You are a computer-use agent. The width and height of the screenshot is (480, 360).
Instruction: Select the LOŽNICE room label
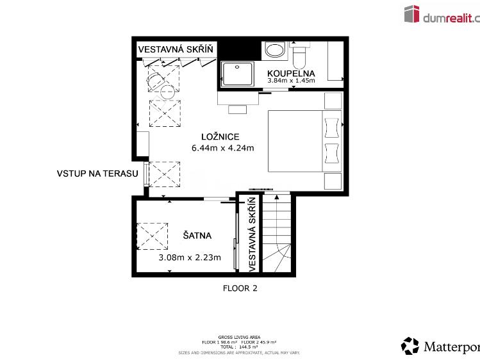click(x=220, y=136)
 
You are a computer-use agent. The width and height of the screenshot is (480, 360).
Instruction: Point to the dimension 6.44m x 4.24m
click(x=222, y=148)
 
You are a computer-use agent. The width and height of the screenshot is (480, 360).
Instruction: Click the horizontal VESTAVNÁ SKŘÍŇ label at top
click(x=176, y=49)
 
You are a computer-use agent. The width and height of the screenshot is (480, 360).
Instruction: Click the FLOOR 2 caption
click(x=240, y=288)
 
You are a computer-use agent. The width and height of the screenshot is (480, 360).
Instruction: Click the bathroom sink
click(x=276, y=50)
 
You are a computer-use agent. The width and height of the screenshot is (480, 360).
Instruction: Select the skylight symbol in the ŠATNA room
click(x=153, y=236)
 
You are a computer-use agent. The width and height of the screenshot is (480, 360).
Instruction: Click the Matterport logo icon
click(x=410, y=346)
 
